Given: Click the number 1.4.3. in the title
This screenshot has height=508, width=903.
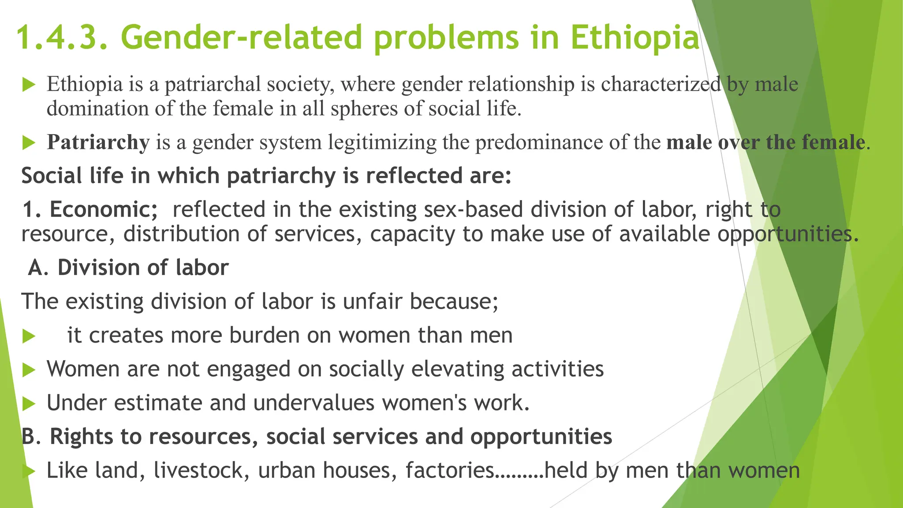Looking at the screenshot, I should [x=62, y=37].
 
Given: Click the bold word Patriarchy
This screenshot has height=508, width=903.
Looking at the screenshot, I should [x=98, y=142].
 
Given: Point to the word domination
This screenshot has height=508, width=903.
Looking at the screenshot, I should [x=98, y=108].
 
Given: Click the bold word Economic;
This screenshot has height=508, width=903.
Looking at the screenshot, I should [x=103, y=209].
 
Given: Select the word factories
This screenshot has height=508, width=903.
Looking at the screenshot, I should [x=450, y=471].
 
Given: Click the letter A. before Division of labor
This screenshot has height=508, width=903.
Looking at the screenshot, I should [x=38, y=268].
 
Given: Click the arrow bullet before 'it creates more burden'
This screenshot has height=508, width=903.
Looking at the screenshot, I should [x=29, y=336].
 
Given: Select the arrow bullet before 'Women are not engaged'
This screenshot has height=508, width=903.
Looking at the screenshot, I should [x=29, y=370].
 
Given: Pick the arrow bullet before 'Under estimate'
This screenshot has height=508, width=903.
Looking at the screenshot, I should [x=29, y=403].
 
